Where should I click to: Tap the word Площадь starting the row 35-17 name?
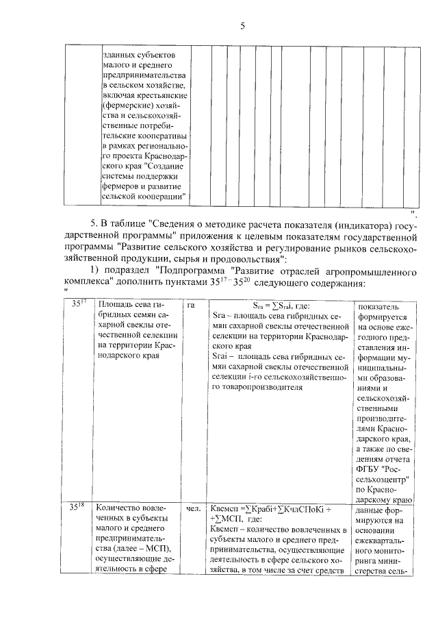point(115,305)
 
